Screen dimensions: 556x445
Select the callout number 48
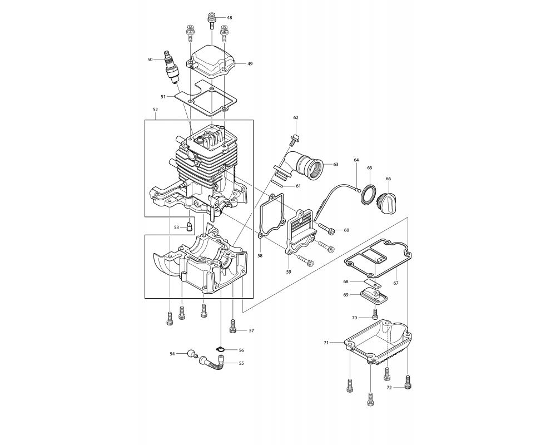[x=230, y=17]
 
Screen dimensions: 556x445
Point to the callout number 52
[x=155, y=110]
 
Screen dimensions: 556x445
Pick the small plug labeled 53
[x=190, y=226]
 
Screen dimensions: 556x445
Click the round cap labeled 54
[x=192, y=353]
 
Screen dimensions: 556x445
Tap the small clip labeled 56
[x=221, y=350]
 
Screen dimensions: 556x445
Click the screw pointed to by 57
[x=232, y=326]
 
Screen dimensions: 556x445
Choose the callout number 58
[x=260, y=255]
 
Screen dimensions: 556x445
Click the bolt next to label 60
[x=326, y=229]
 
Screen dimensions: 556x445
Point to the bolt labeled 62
[x=293, y=140]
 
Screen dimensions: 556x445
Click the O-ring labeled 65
[x=369, y=195]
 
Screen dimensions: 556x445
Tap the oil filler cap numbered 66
[x=388, y=200]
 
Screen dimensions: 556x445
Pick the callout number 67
[x=396, y=283]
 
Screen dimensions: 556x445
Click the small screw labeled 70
[x=375, y=313]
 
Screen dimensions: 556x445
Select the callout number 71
[x=326, y=343]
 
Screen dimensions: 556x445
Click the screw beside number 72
[x=408, y=382]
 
